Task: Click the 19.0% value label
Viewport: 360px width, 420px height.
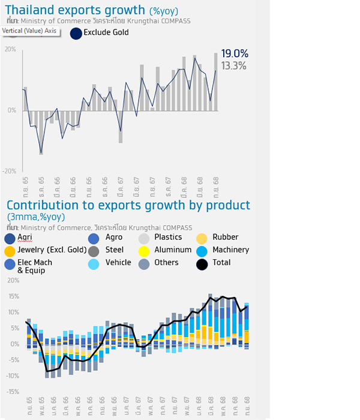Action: [234, 54]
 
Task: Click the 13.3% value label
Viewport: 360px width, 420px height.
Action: [234, 66]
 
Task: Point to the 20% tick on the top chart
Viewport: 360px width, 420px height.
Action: [10, 49]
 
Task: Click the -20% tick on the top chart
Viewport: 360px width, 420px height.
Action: [9, 171]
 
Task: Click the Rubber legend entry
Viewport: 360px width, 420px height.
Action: [225, 238]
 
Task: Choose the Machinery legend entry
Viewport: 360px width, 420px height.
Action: [230, 250]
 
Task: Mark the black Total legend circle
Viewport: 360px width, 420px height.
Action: [203, 263]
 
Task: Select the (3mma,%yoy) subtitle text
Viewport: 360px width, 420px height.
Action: [35, 217]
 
